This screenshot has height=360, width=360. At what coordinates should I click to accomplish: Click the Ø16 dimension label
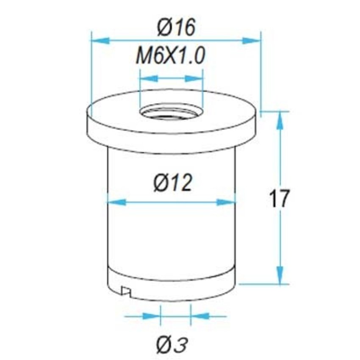click(176, 28)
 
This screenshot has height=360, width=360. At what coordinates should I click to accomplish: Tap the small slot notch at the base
click(126, 291)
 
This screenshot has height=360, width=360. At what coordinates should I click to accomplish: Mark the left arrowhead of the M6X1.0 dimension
click(149, 79)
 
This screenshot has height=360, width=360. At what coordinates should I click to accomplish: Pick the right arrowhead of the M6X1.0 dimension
click(194, 79)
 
